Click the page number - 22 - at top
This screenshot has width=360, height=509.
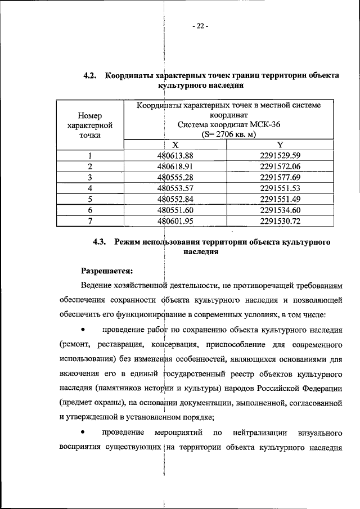click(x=200, y=25)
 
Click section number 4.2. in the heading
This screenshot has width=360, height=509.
click(x=91, y=76)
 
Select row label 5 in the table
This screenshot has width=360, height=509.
click(x=90, y=199)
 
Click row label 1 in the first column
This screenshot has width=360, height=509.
click(x=90, y=156)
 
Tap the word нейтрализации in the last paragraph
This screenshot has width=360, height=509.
click(x=258, y=433)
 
